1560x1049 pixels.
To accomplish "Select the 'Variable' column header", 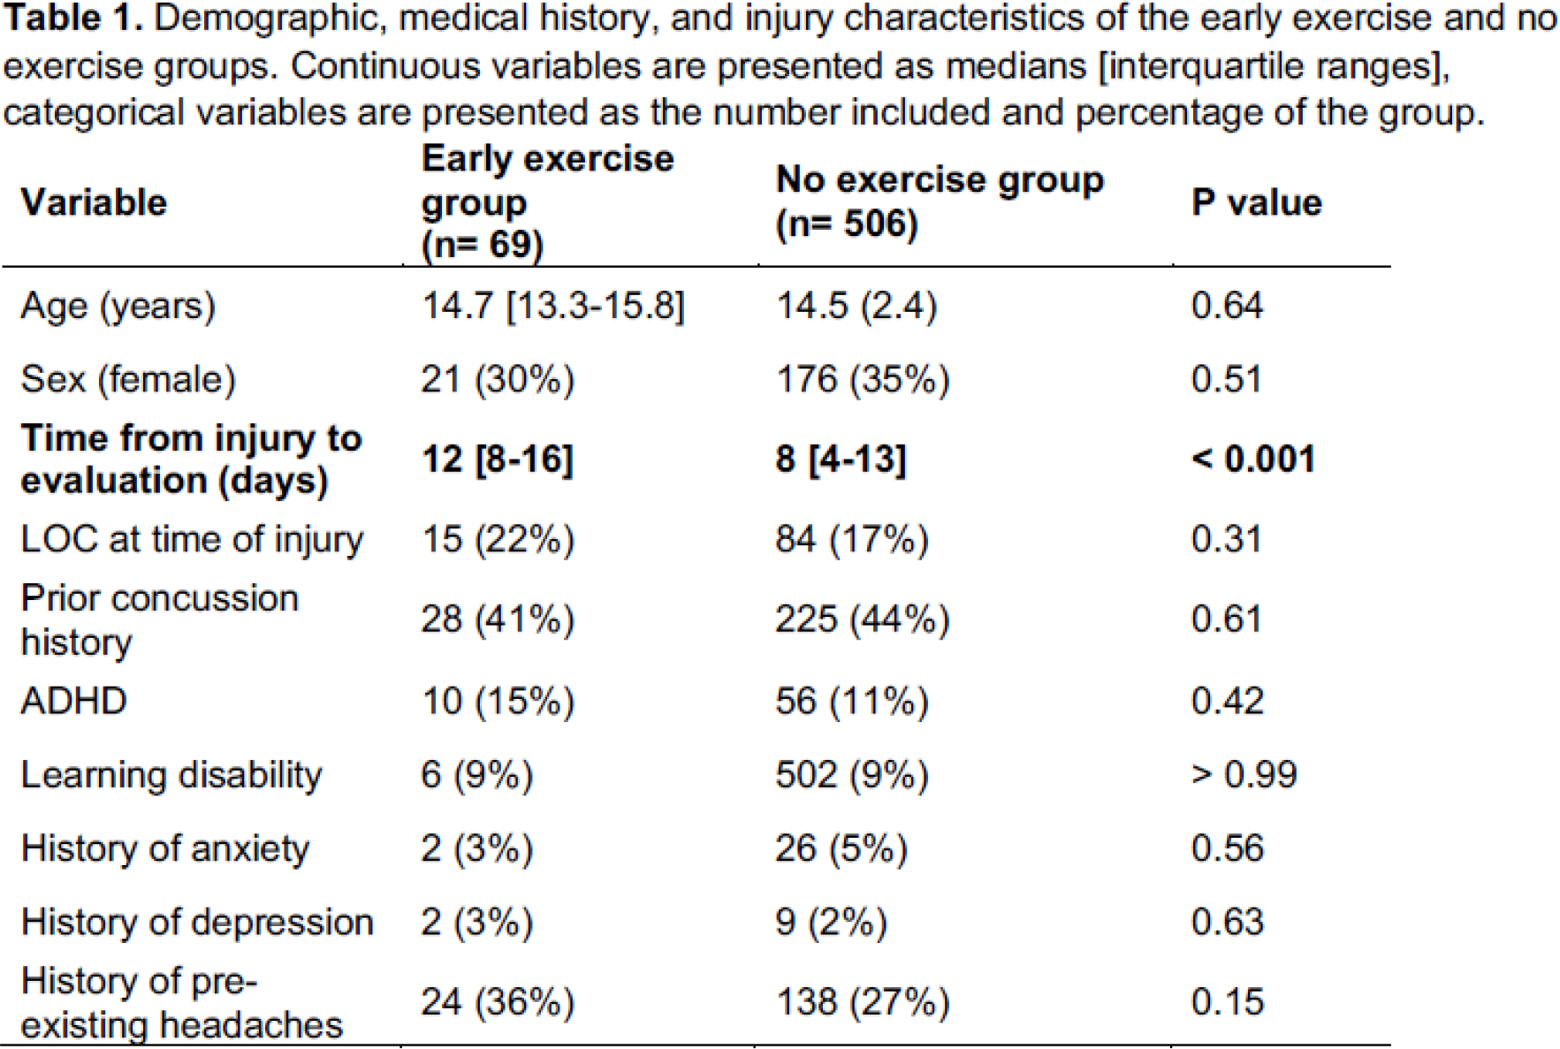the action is click(94, 202).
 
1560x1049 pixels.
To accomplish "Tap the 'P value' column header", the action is click(1256, 202).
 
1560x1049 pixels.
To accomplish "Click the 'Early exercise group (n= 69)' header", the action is click(547, 202).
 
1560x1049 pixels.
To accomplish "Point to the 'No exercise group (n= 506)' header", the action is click(940, 202).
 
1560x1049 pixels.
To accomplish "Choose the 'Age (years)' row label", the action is click(118, 306).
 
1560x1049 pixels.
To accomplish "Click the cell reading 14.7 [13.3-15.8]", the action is click(553, 306).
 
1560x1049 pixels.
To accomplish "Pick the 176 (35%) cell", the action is click(863, 379).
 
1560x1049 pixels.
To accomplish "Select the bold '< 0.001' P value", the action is click(1253, 459).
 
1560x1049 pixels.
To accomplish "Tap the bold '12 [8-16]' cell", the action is click(498, 460).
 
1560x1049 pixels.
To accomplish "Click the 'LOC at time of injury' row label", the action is click(192, 539).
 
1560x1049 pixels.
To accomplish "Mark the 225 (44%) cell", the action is click(863, 619).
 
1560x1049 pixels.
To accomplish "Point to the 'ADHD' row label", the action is click(74, 701).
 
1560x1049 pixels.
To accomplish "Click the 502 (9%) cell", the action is click(852, 775).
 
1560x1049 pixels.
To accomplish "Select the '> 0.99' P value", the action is click(1244, 775).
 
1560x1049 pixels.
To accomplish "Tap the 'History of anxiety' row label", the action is click(165, 848).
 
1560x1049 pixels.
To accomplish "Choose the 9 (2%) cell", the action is click(832, 922).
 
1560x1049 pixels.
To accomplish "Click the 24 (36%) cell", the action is click(498, 1002).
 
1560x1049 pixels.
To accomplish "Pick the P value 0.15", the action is click(1228, 1002).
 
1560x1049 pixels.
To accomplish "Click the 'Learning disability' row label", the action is click(171, 775).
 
